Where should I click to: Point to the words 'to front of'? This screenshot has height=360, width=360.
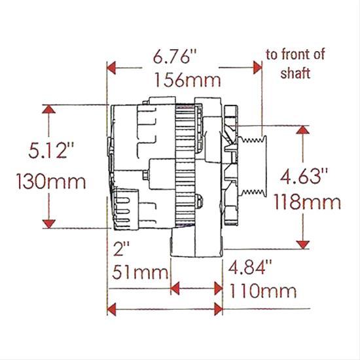tap(294, 54)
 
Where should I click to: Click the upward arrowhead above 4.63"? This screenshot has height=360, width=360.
tap(302, 130)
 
